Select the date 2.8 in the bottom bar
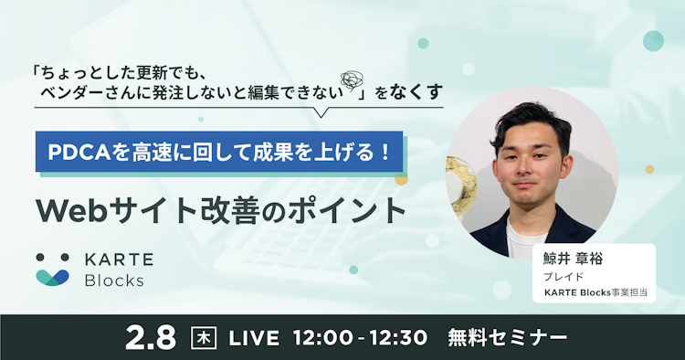[150, 336]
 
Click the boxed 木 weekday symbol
[205, 336]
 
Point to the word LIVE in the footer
[253, 336]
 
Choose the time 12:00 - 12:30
[361, 336]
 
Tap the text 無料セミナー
[507, 336]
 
